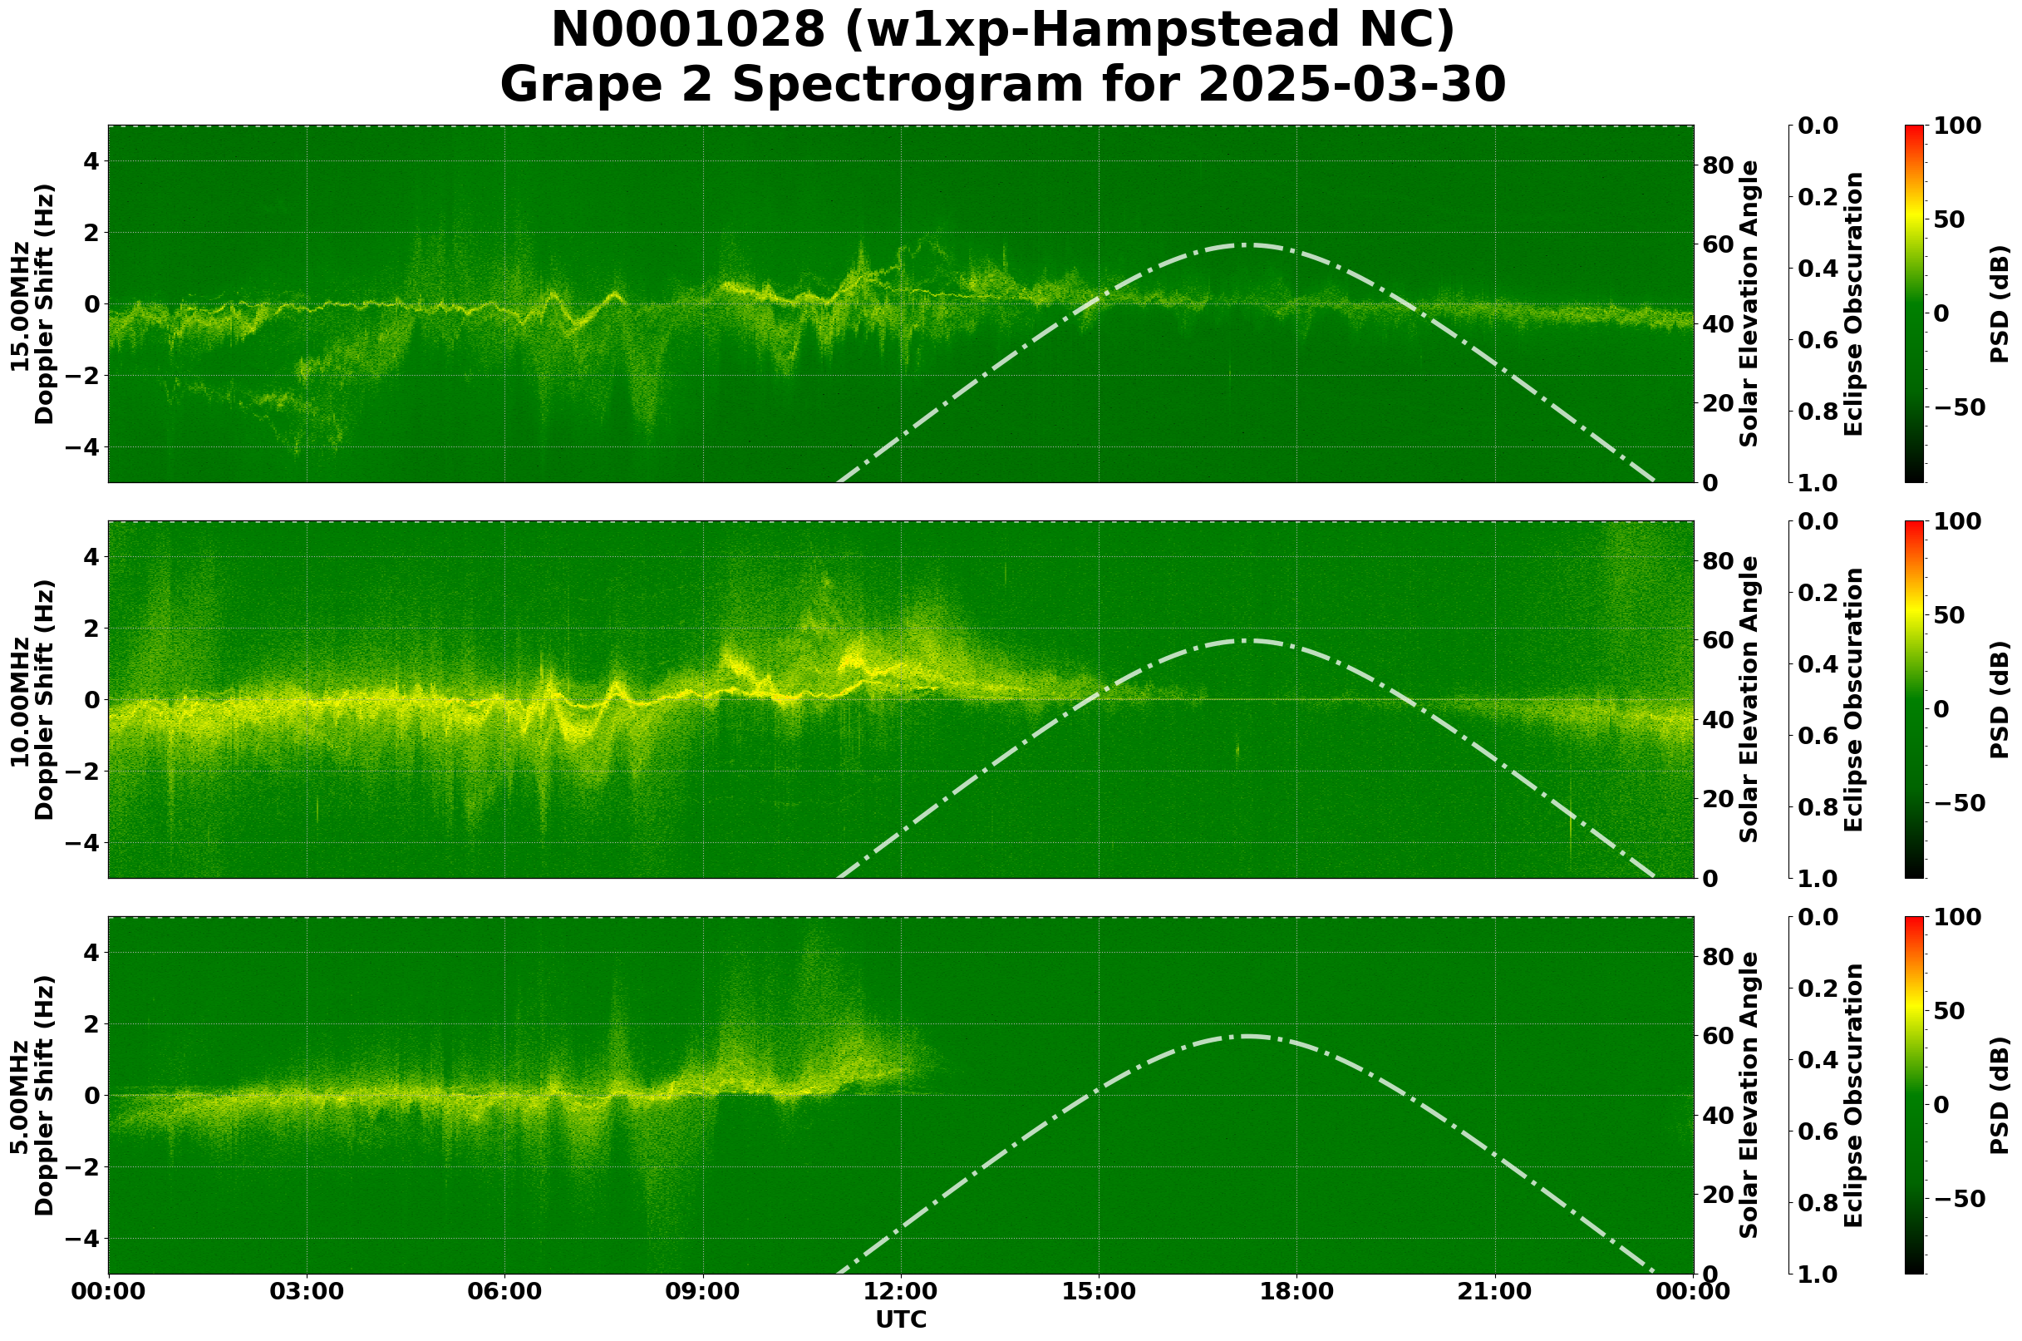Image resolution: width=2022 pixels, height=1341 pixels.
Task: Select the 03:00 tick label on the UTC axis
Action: pyautogui.click(x=307, y=1290)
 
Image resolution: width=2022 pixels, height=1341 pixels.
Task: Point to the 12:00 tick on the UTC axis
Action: pyautogui.click(x=901, y=1290)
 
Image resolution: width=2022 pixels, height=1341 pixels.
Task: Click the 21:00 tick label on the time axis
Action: pyautogui.click(x=1495, y=1290)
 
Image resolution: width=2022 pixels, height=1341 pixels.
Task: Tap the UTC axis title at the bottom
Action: pyautogui.click(x=901, y=1320)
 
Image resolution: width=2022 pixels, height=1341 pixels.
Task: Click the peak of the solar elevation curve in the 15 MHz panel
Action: pyautogui.click(x=1244, y=244)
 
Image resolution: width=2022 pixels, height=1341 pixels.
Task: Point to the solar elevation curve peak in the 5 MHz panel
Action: pyautogui.click(x=1244, y=1036)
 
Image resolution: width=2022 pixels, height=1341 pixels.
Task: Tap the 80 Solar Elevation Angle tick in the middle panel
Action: pyautogui.click(x=1718, y=561)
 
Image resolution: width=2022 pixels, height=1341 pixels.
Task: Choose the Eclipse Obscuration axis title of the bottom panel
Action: pyautogui.click(x=1853, y=1096)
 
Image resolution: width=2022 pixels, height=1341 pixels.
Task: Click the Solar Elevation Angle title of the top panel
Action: pyautogui.click(x=1749, y=304)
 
